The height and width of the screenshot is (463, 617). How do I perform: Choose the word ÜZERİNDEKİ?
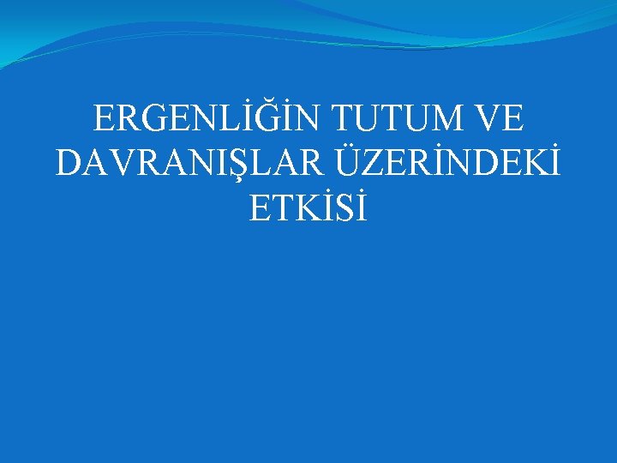point(442,163)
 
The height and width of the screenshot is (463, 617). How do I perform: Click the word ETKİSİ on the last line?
point(308,207)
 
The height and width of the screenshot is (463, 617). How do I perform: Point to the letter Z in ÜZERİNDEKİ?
point(363,163)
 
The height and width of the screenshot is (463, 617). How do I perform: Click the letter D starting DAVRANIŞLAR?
point(69,163)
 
